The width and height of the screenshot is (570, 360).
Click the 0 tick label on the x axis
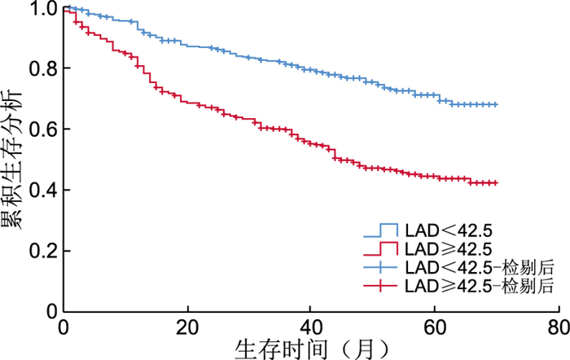pos(64,327)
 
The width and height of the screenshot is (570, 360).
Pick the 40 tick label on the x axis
pos(310,327)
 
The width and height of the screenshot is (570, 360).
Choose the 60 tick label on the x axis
pos(434,327)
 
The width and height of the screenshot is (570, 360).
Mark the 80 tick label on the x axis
pos(558,327)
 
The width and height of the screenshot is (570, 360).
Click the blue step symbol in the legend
pos(379,230)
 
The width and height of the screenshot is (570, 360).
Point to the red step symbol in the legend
pos(379,248)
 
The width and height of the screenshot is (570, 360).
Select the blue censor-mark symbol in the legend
pos(379,267)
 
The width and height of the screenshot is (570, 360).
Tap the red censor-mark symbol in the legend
pos(379,285)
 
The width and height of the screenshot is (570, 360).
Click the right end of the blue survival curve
pos(496,104)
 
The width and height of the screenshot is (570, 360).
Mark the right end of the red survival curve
pos(496,183)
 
